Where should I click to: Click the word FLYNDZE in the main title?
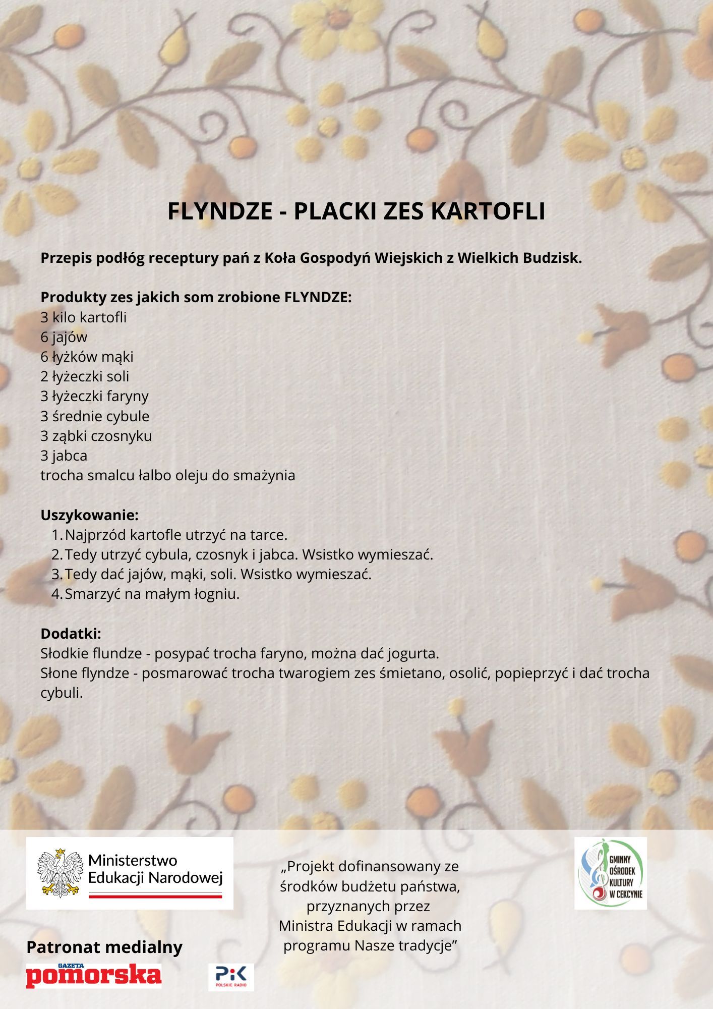click(219, 211)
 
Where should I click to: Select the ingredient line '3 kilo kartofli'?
click(84, 317)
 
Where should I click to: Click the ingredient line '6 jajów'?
click(64, 337)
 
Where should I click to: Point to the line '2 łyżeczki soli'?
click(85, 376)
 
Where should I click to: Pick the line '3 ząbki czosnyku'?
click(96, 436)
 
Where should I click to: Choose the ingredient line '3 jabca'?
click(64, 456)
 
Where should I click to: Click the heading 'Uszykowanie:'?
click(89, 515)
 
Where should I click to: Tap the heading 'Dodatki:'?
click(71, 634)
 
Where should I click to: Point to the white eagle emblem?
click(60, 873)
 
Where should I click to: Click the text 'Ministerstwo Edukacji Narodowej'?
click(155, 869)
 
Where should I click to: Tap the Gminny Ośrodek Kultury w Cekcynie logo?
click(610, 873)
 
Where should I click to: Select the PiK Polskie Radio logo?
click(231, 977)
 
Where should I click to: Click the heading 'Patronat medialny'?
click(104, 947)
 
